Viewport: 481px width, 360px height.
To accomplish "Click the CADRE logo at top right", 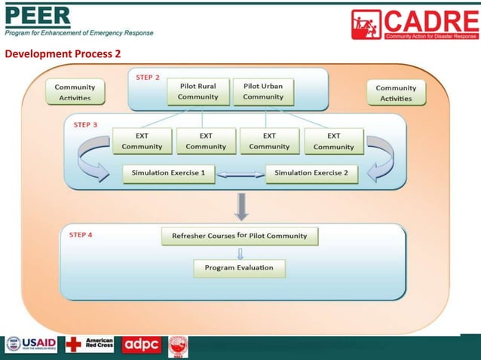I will click(414, 24).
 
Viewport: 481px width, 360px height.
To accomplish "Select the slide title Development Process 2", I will click(63, 54).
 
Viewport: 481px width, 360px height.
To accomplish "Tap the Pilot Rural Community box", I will click(198, 92).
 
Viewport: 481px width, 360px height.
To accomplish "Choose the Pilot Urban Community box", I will click(263, 92).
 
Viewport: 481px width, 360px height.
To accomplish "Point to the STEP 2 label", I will click(148, 78).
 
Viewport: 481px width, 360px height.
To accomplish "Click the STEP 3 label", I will click(85, 125).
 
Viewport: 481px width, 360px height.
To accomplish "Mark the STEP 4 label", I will click(81, 235).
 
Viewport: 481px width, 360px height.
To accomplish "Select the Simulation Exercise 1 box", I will click(168, 173).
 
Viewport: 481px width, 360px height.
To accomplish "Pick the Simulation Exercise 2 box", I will click(311, 173).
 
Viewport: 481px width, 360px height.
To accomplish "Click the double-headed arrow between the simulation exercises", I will click(240, 174).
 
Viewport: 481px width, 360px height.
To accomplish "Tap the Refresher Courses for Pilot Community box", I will click(240, 236).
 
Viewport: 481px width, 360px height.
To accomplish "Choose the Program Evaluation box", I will click(239, 267).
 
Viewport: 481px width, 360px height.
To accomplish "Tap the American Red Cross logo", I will click(90, 345).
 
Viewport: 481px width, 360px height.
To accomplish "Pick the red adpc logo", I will click(142, 345).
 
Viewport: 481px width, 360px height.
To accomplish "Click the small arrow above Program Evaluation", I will click(240, 253).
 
